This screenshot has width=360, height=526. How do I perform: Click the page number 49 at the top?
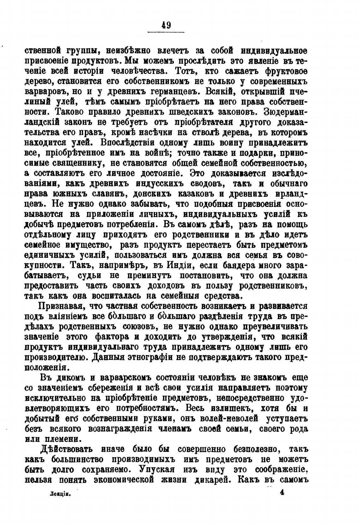pos(166,25)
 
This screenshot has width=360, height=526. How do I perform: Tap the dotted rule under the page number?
pos(166,32)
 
